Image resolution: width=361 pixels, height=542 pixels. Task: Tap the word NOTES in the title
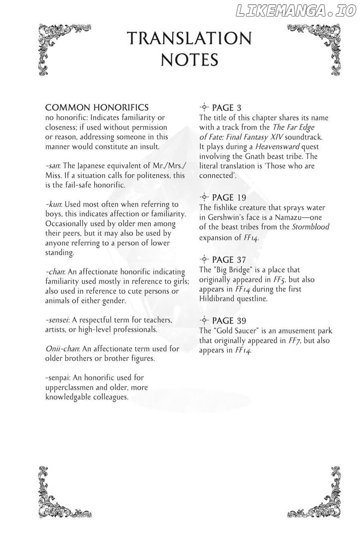(189, 61)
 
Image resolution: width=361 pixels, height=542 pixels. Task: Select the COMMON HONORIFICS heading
(97, 108)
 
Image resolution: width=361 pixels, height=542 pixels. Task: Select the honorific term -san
(52, 166)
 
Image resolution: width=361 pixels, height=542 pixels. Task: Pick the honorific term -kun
(53, 204)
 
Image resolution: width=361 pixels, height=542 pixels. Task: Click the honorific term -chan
(55, 271)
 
